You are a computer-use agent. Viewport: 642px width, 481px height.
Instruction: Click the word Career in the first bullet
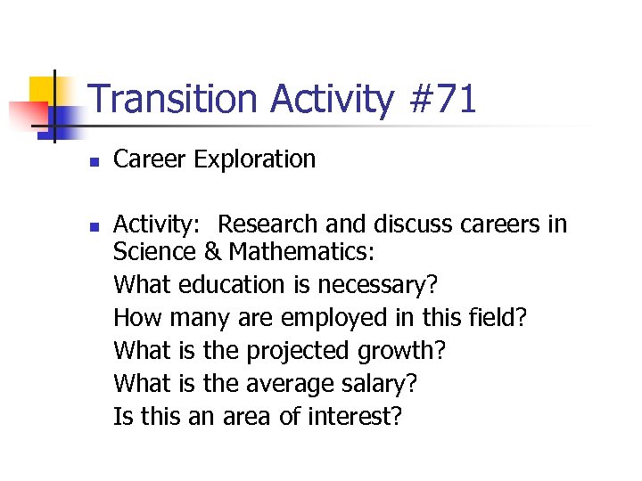pyautogui.click(x=150, y=160)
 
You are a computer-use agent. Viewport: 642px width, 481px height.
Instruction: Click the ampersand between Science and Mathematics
pyautogui.click(x=213, y=252)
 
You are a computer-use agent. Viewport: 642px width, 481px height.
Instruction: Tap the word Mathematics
pyautogui.click(x=299, y=252)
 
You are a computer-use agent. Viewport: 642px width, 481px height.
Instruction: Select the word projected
pyautogui.click(x=299, y=351)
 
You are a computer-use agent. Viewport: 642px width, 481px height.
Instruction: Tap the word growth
pyautogui.click(x=400, y=351)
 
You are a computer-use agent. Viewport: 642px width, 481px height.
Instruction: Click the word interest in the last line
pyautogui.click(x=352, y=416)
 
